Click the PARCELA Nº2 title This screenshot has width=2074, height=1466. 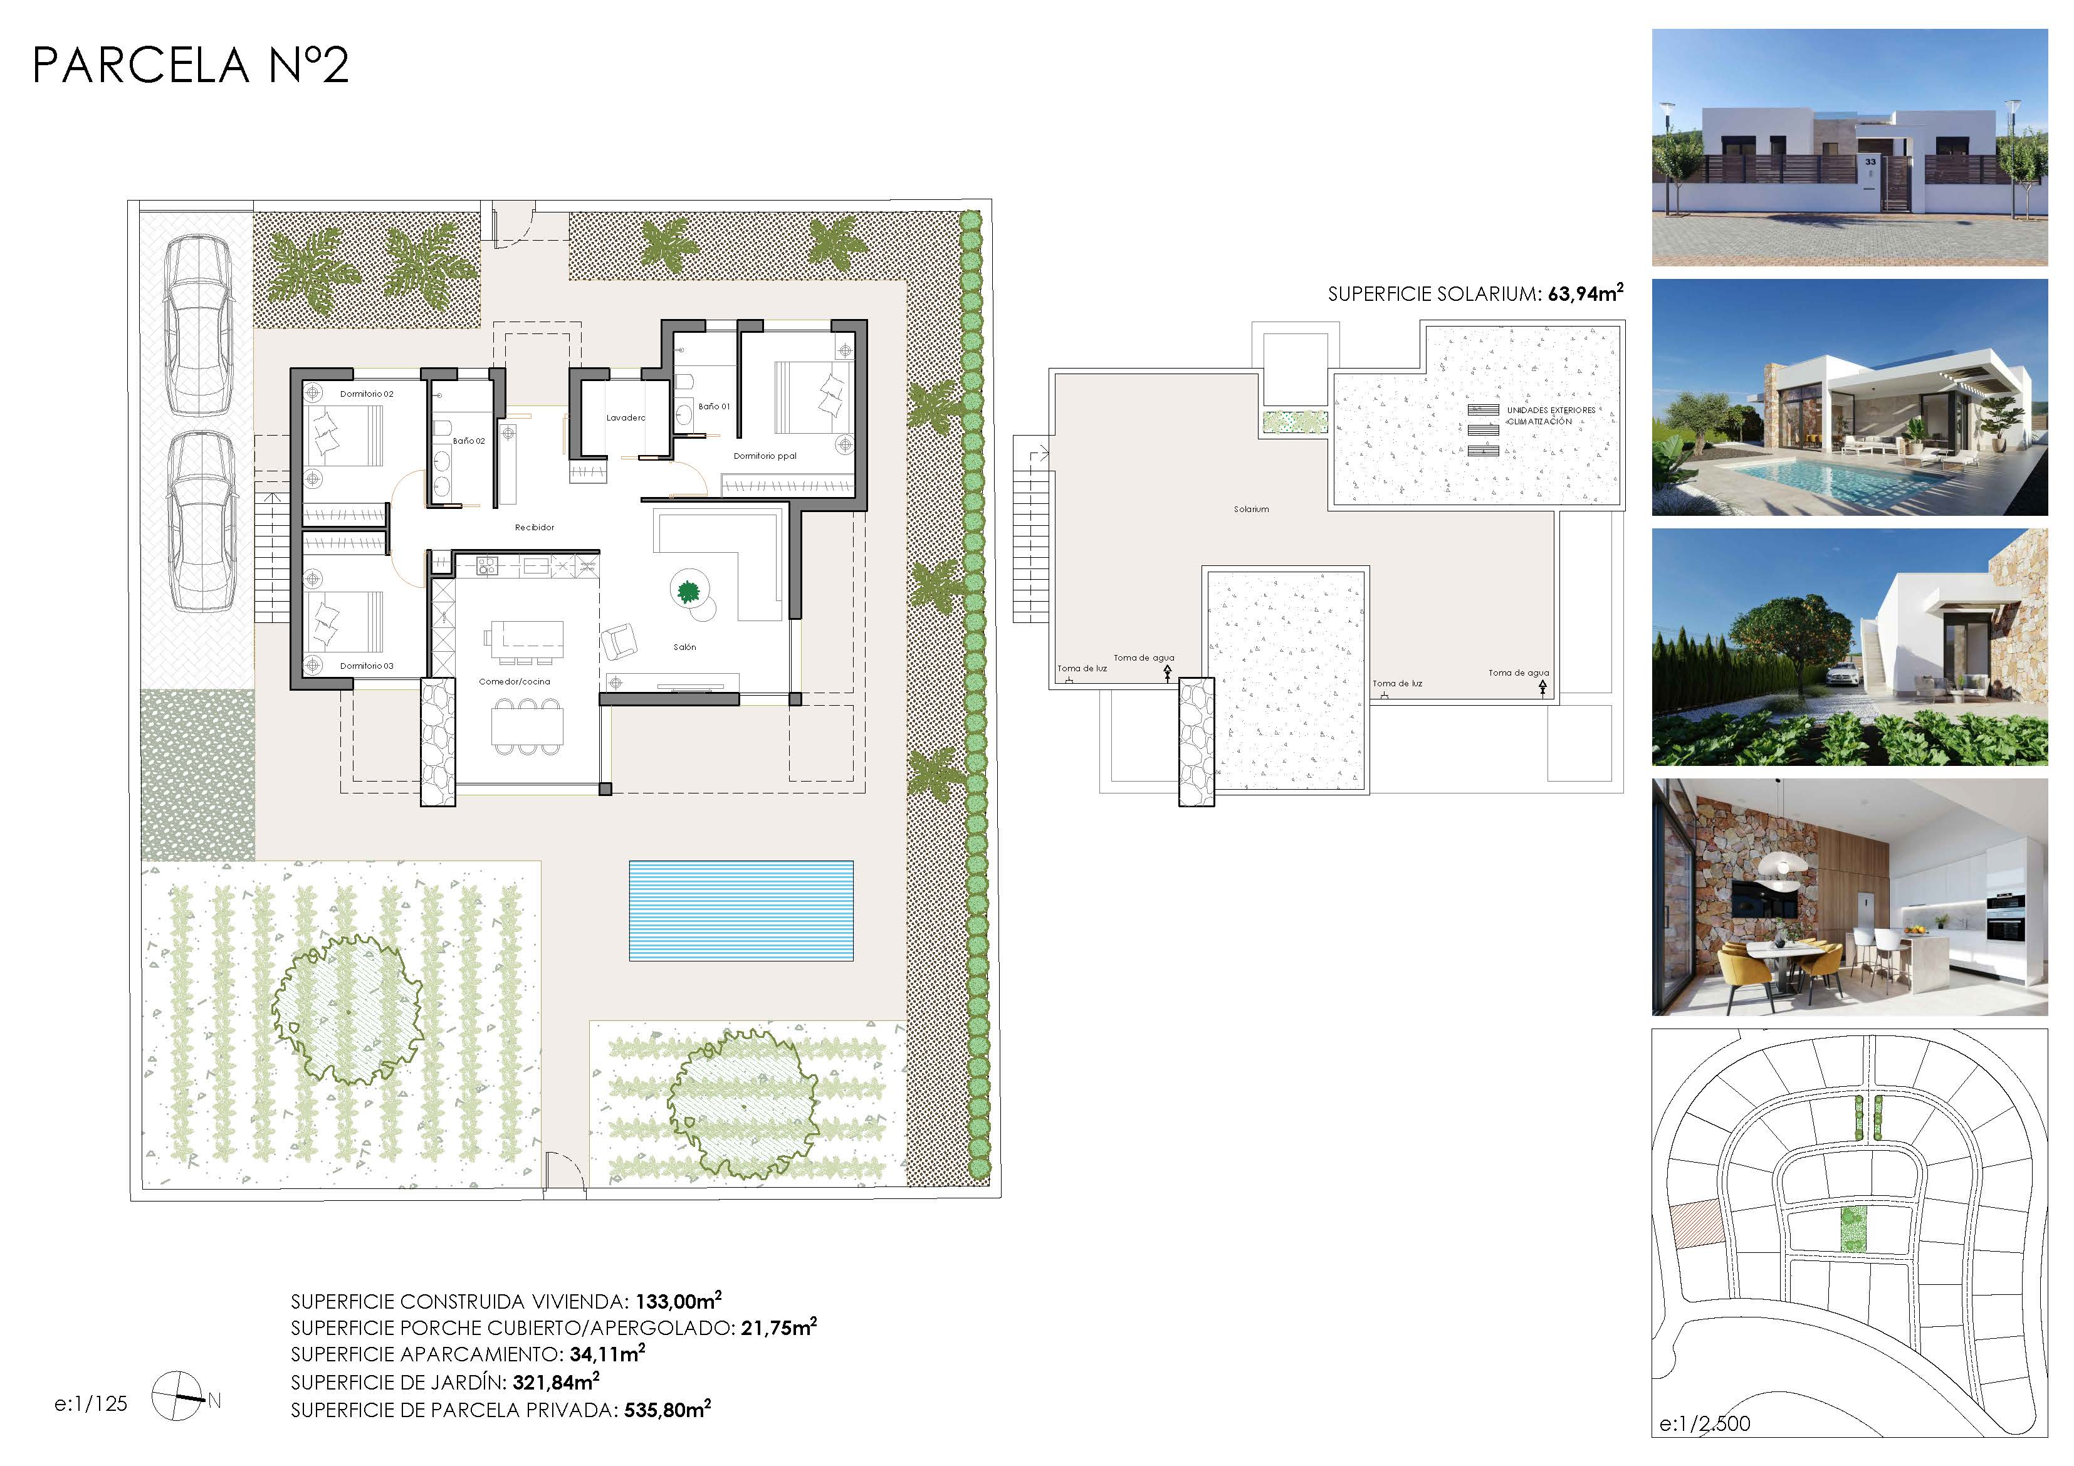tap(191, 65)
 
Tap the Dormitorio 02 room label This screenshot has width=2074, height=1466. tap(367, 394)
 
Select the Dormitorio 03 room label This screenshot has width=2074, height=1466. tap(367, 666)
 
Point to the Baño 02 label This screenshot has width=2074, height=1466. tap(469, 441)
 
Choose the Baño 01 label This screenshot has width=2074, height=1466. tap(714, 407)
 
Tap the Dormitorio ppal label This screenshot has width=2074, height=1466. tap(765, 456)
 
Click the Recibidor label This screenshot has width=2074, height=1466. tap(535, 528)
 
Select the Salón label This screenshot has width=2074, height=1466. tap(684, 647)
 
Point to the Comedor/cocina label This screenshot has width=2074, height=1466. tap(514, 682)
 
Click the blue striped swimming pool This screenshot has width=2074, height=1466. tap(741, 911)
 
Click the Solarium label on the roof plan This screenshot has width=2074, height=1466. tap(1251, 510)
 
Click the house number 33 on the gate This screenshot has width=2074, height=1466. tap(1871, 162)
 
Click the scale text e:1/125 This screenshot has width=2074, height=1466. tap(92, 1404)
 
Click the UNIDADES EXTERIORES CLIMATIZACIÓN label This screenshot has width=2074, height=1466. tap(1551, 416)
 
